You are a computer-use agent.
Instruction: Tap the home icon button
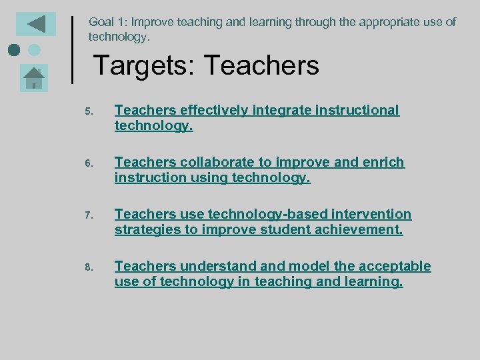point(33,78)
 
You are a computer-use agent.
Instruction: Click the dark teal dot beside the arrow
point(14,50)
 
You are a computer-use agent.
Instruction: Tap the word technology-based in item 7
point(260,214)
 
